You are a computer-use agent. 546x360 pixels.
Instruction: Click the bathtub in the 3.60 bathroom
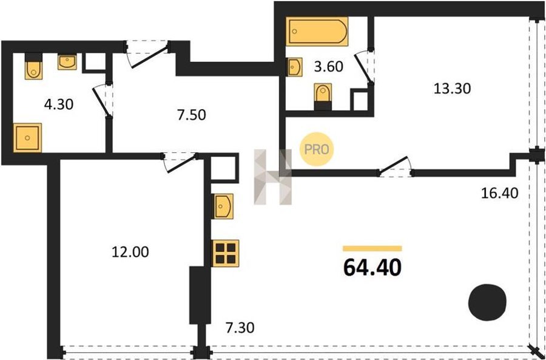pyautogui.click(x=317, y=32)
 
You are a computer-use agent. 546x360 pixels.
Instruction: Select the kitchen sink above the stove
pyautogui.click(x=223, y=206)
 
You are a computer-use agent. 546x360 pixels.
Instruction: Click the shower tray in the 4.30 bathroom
pyautogui.click(x=27, y=138)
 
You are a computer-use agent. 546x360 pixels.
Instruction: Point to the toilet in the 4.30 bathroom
pyautogui.click(x=33, y=66)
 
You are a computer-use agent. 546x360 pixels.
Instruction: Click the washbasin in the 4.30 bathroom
pyautogui.click(x=67, y=62)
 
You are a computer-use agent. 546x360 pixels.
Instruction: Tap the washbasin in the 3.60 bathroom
pyautogui.click(x=294, y=67)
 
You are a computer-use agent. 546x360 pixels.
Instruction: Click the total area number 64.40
pyautogui.click(x=372, y=268)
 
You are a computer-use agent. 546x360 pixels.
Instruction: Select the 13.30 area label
pyautogui.click(x=452, y=89)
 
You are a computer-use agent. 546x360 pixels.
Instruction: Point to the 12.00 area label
pyautogui.click(x=130, y=251)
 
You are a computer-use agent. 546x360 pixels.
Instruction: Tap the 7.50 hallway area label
pyautogui.click(x=191, y=115)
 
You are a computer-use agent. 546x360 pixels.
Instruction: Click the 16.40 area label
pyautogui.click(x=500, y=192)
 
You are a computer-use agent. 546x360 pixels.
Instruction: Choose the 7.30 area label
pyautogui.click(x=240, y=328)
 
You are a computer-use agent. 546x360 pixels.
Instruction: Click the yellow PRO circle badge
pyautogui.click(x=317, y=149)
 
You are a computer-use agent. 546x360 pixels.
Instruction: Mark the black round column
pyautogui.click(x=487, y=302)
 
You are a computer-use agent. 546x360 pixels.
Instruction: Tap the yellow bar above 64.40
pyautogui.click(x=372, y=248)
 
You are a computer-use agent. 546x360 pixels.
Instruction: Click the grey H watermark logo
pyautogui.click(x=272, y=177)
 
